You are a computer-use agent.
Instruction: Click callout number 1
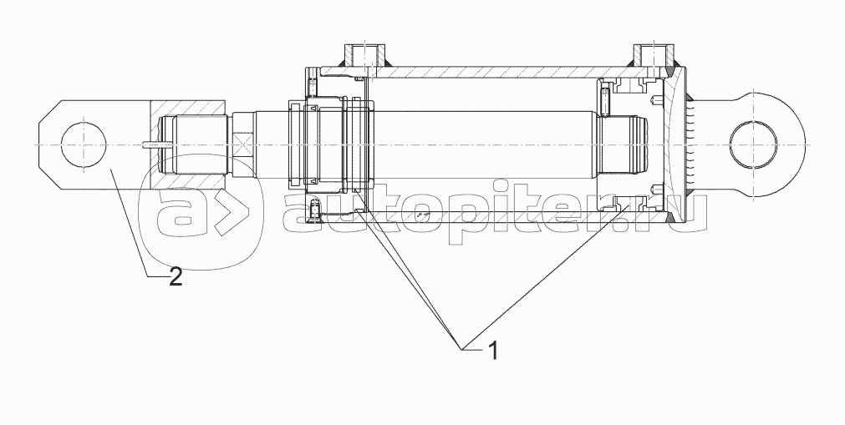[x=492, y=351]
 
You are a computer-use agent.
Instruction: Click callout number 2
[x=176, y=277]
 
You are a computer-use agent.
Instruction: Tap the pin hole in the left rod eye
[x=84, y=145]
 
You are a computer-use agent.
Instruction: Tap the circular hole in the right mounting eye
[x=753, y=145]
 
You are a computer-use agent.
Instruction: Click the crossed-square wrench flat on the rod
[x=242, y=144]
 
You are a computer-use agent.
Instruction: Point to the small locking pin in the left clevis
[x=158, y=144]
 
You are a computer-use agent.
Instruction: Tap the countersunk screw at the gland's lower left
[x=316, y=208]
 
